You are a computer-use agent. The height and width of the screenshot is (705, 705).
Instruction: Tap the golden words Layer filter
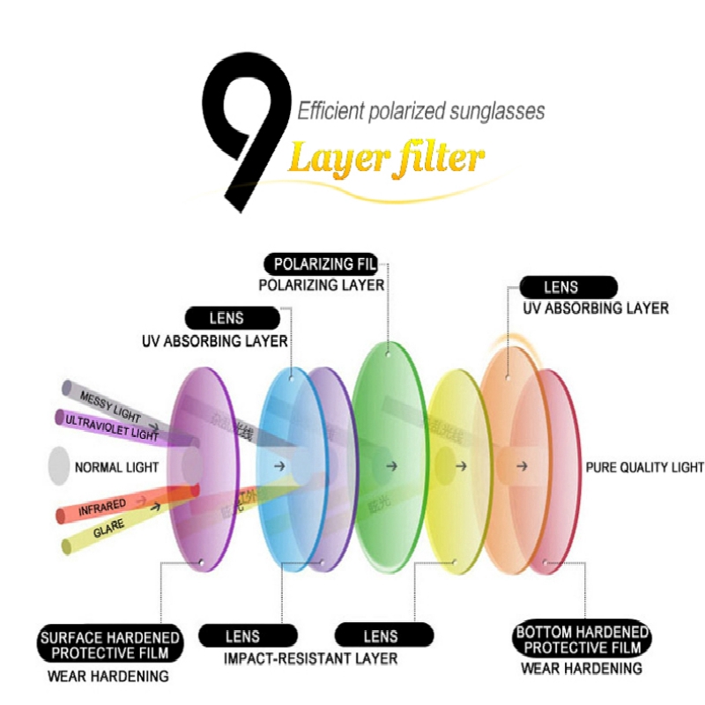click(385, 159)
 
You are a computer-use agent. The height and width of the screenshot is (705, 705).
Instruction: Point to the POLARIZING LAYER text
click(321, 286)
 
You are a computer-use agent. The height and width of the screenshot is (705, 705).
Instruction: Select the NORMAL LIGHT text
click(117, 467)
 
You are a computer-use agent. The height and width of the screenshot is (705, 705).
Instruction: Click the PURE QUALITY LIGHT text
click(645, 467)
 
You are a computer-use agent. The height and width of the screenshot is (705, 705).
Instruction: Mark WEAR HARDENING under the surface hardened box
click(108, 677)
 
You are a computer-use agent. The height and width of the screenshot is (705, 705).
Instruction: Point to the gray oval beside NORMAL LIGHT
click(59, 466)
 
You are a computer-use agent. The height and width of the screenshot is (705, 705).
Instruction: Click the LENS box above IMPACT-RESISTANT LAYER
click(242, 635)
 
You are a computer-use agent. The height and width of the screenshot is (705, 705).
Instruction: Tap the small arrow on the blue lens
click(279, 465)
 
